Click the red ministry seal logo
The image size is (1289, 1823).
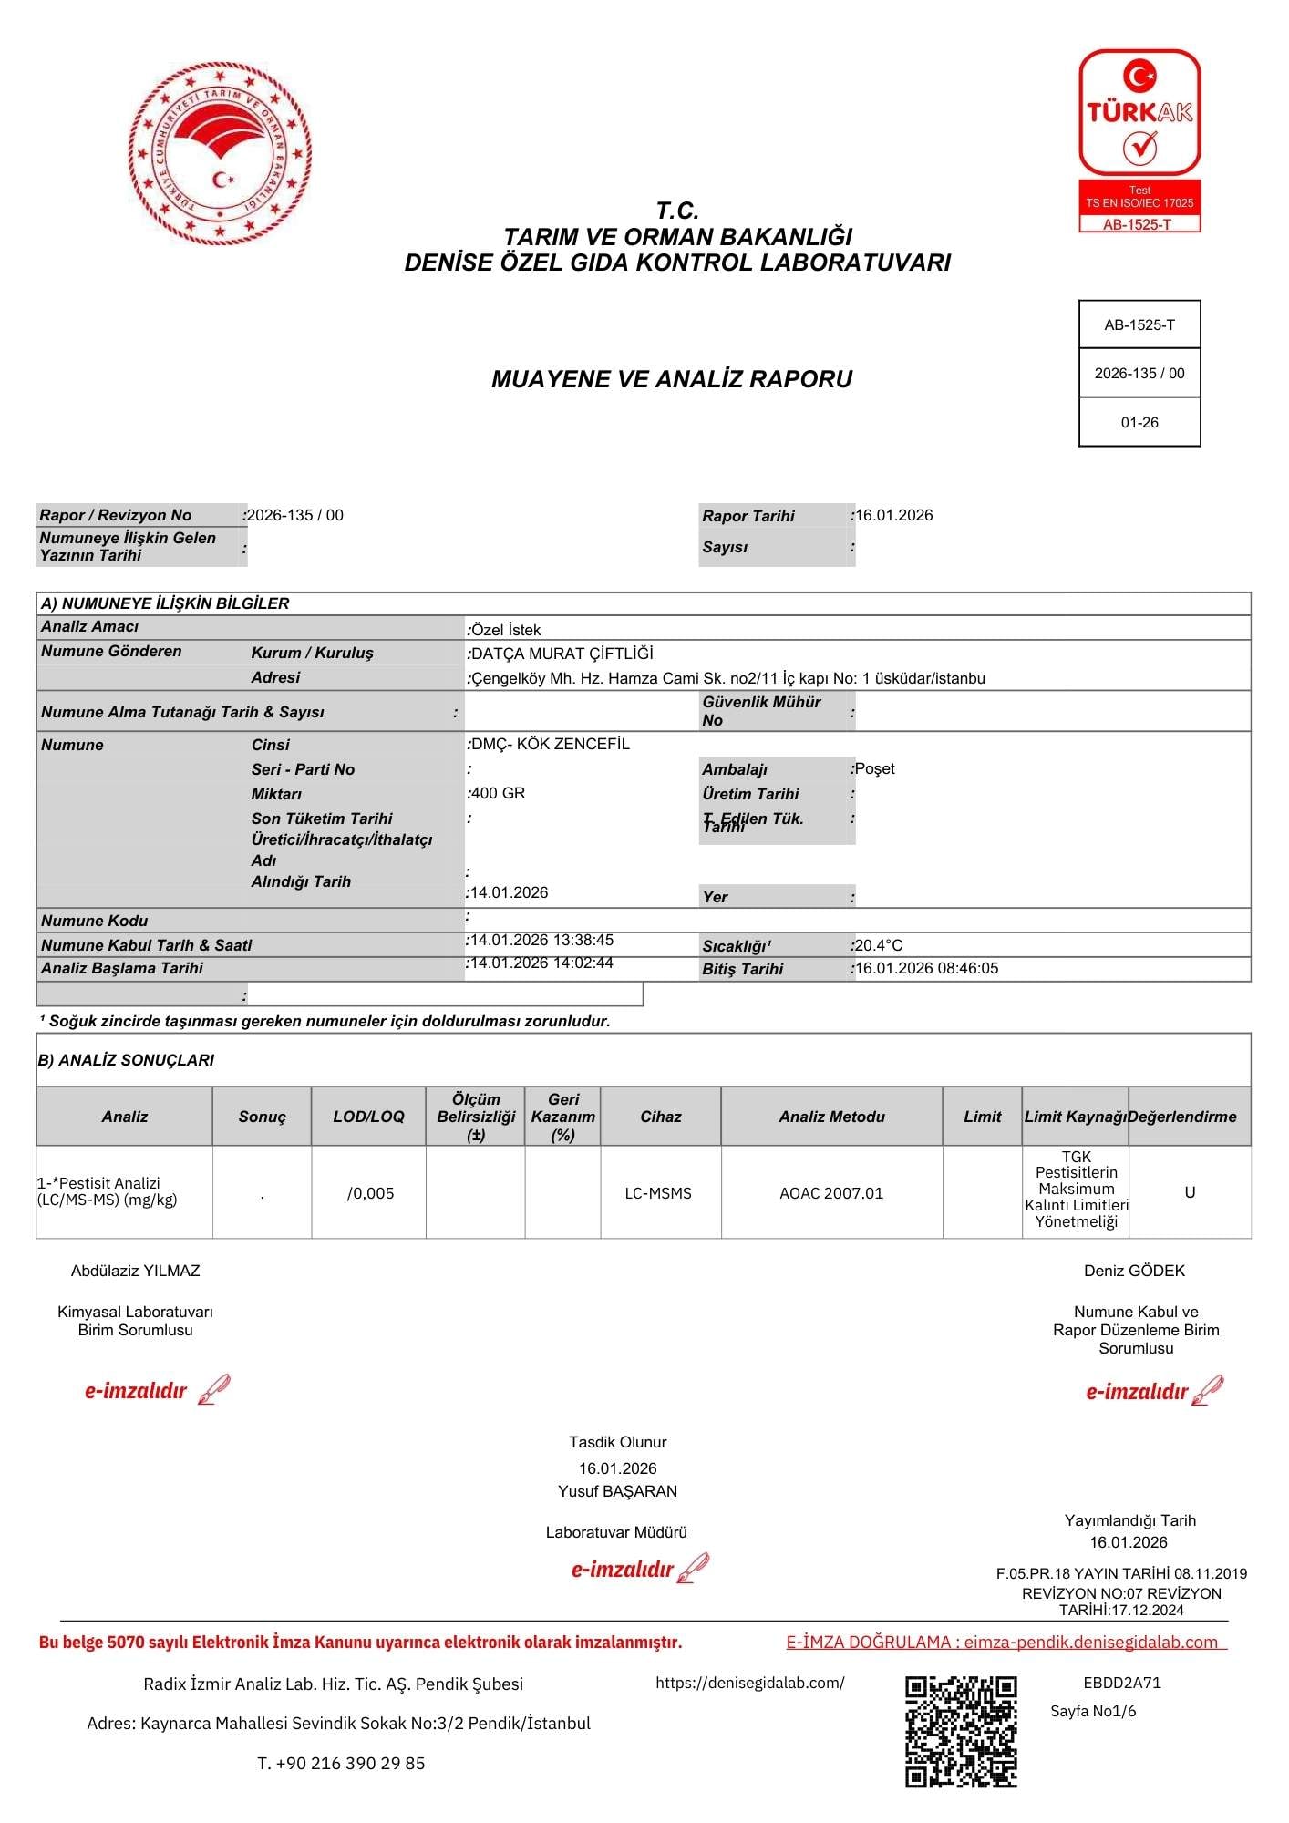tap(220, 153)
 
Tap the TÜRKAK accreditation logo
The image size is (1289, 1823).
tap(1139, 139)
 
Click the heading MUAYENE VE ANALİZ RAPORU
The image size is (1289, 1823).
tap(672, 379)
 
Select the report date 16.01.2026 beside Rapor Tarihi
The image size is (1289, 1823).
tap(894, 515)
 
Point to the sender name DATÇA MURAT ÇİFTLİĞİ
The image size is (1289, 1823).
tap(562, 654)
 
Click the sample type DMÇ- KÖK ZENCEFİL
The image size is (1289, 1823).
tap(550, 744)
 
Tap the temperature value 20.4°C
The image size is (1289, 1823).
tap(879, 945)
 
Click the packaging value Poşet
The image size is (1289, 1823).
tap(874, 768)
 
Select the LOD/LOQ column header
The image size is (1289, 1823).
tap(368, 1117)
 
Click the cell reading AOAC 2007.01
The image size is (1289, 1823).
tap(831, 1193)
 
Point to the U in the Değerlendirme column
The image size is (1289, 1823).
tap(1190, 1192)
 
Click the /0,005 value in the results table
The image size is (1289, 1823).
tap(371, 1193)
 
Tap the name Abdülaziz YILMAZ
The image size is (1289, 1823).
tap(136, 1271)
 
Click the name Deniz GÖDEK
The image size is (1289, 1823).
tap(1135, 1271)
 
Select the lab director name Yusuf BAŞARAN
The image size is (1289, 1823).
tap(618, 1491)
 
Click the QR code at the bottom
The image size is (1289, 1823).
tap(961, 1731)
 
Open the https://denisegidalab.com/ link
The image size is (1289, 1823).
tap(750, 1683)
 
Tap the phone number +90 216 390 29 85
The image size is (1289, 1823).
tap(351, 1763)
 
